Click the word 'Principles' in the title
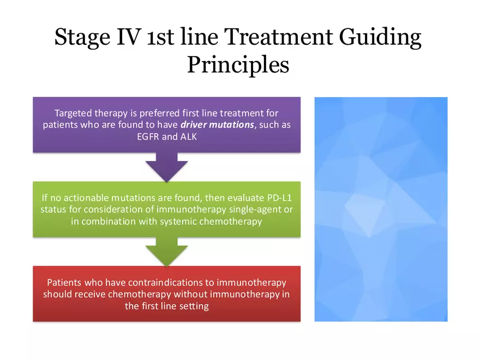238,64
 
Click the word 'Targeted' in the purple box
73,113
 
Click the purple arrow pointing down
166,166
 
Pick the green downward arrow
166,251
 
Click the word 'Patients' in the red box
65,283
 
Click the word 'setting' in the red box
194,306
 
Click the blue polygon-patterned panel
381,209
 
